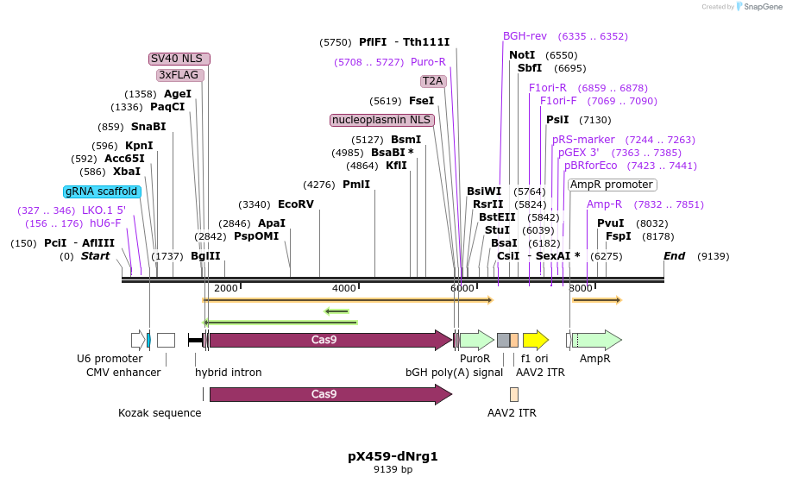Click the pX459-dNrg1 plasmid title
(x=393, y=455)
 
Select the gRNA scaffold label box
(x=102, y=191)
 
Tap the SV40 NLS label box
(x=179, y=59)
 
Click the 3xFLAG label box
(x=179, y=75)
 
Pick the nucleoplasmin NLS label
(x=381, y=120)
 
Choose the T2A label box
(x=432, y=81)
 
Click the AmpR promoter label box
(x=612, y=185)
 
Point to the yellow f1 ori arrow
(x=535, y=340)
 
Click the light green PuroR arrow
(x=476, y=340)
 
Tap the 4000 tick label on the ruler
(x=343, y=288)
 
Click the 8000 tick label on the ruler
(x=581, y=288)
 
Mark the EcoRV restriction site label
(x=296, y=204)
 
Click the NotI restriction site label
(x=522, y=55)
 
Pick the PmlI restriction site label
(x=356, y=185)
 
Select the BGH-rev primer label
(x=525, y=36)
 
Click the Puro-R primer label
(x=428, y=62)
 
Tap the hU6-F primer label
(x=105, y=223)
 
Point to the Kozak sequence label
(x=160, y=413)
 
